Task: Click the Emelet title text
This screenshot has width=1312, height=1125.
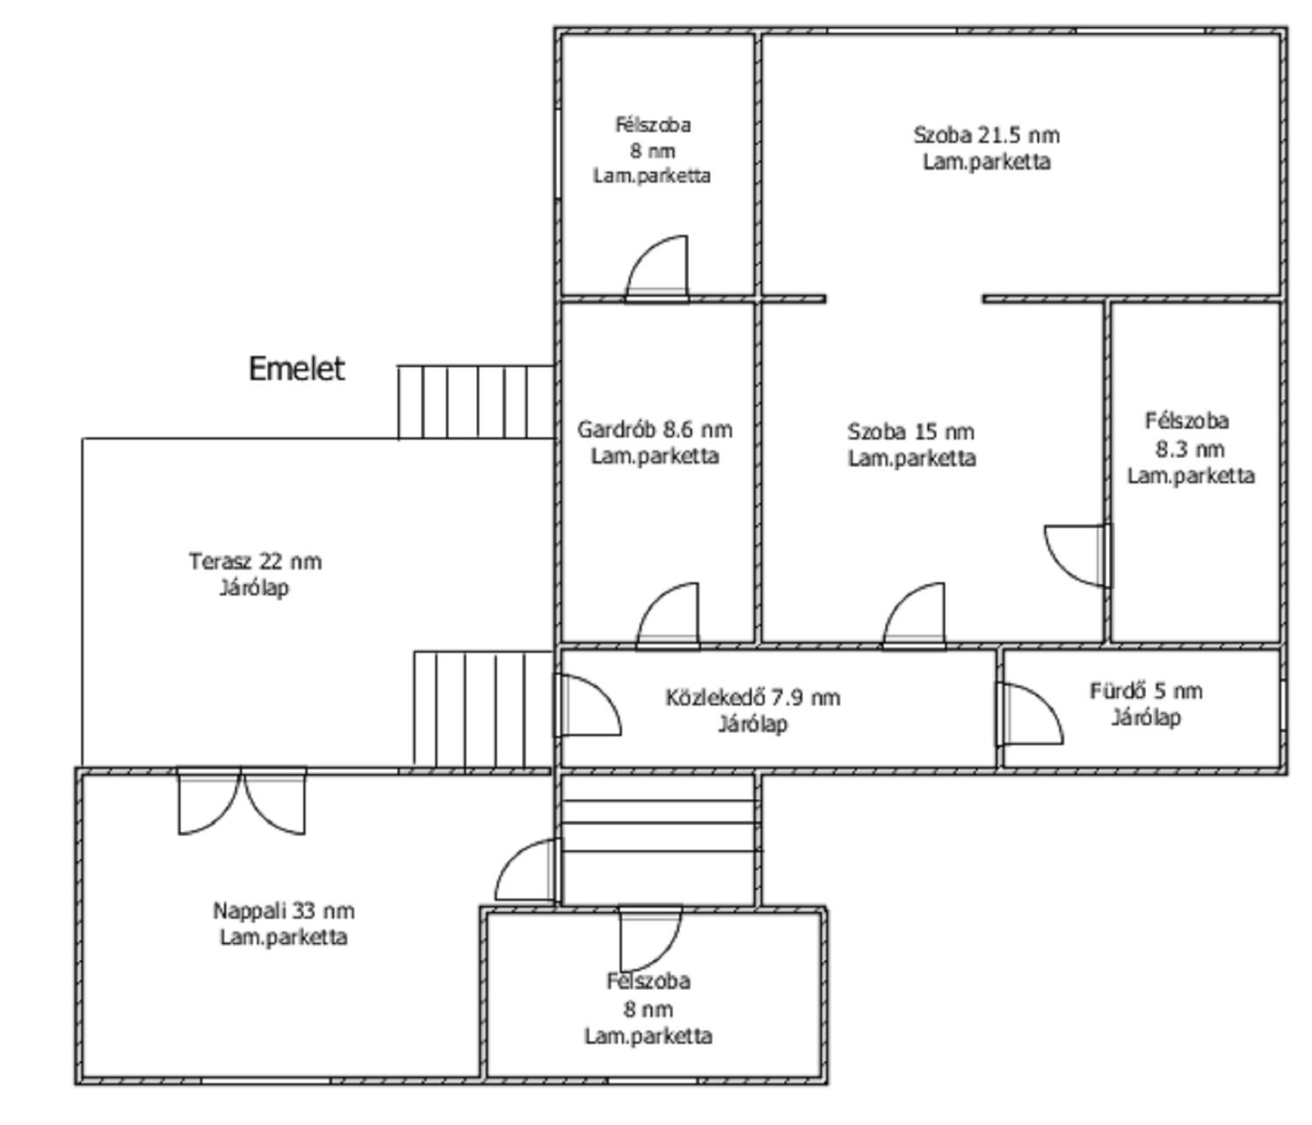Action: [296, 369]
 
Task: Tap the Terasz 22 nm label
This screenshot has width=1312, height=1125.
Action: [255, 562]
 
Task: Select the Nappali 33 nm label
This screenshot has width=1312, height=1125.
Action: [284, 911]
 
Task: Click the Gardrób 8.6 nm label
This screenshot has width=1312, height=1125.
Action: [655, 430]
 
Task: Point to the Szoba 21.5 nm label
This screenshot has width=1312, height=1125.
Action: [986, 135]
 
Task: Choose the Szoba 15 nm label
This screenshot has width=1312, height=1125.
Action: [911, 432]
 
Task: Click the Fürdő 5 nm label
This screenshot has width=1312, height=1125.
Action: [1146, 691]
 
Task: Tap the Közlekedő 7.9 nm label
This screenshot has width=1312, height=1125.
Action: [753, 698]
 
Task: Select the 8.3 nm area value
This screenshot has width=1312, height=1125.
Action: [1190, 449]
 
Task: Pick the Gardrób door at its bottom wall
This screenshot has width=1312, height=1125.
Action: [668, 616]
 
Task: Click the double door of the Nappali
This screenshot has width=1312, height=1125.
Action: [242, 802]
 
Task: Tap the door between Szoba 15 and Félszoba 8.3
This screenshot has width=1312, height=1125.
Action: [1077, 555]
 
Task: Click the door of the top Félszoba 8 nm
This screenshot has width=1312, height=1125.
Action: [656, 269]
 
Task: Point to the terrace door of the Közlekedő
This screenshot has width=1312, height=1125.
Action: [589, 705]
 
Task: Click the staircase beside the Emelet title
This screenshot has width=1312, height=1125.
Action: [476, 402]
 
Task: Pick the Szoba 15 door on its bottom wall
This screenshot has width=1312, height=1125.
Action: [913, 616]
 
